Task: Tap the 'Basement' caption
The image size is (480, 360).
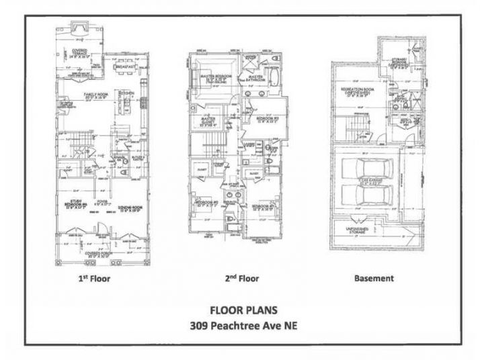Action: click(374, 277)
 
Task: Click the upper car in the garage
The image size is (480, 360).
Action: click(368, 171)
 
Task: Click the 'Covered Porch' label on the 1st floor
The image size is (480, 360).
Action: click(94, 253)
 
